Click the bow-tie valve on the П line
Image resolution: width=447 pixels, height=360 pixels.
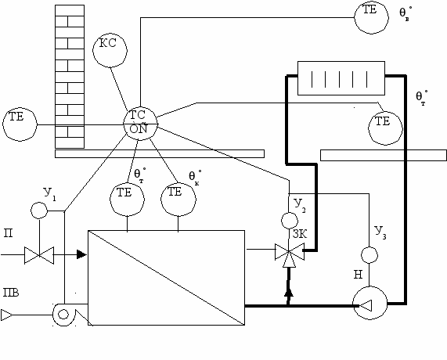pos(39,255)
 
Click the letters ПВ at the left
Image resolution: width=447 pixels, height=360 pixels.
pos(11,293)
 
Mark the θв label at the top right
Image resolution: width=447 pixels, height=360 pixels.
pos(405,13)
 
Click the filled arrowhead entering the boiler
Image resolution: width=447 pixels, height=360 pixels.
pos(81,254)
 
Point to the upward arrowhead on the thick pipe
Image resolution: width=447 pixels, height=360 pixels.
pos(289,293)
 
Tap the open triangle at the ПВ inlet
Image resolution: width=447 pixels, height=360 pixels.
pos(6,315)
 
